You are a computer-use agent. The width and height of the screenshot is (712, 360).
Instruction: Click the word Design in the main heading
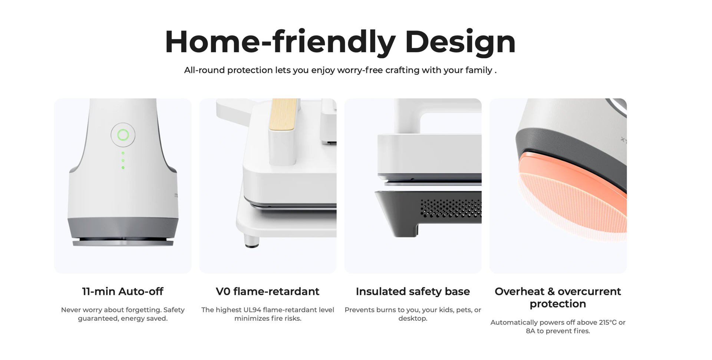click(460, 42)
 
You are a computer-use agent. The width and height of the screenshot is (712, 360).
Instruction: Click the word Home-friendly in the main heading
click(280, 42)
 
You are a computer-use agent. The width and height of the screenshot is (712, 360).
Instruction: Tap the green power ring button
click(123, 135)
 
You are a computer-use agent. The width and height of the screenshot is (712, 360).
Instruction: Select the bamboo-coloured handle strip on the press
click(284, 114)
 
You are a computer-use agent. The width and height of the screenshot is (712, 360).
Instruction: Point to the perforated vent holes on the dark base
click(451, 208)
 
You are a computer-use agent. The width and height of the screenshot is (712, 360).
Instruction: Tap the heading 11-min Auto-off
click(123, 291)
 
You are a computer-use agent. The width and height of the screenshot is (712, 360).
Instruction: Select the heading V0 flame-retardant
click(267, 291)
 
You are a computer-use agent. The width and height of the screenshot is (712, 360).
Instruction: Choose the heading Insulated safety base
click(413, 291)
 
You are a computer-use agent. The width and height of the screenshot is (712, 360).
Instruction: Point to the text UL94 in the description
click(252, 310)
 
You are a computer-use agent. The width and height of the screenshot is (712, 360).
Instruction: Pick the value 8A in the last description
click(531, 331)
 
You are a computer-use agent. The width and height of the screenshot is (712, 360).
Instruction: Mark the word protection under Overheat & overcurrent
click(558, 304)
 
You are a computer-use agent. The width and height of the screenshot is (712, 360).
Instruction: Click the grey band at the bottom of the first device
click(123, 227)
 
